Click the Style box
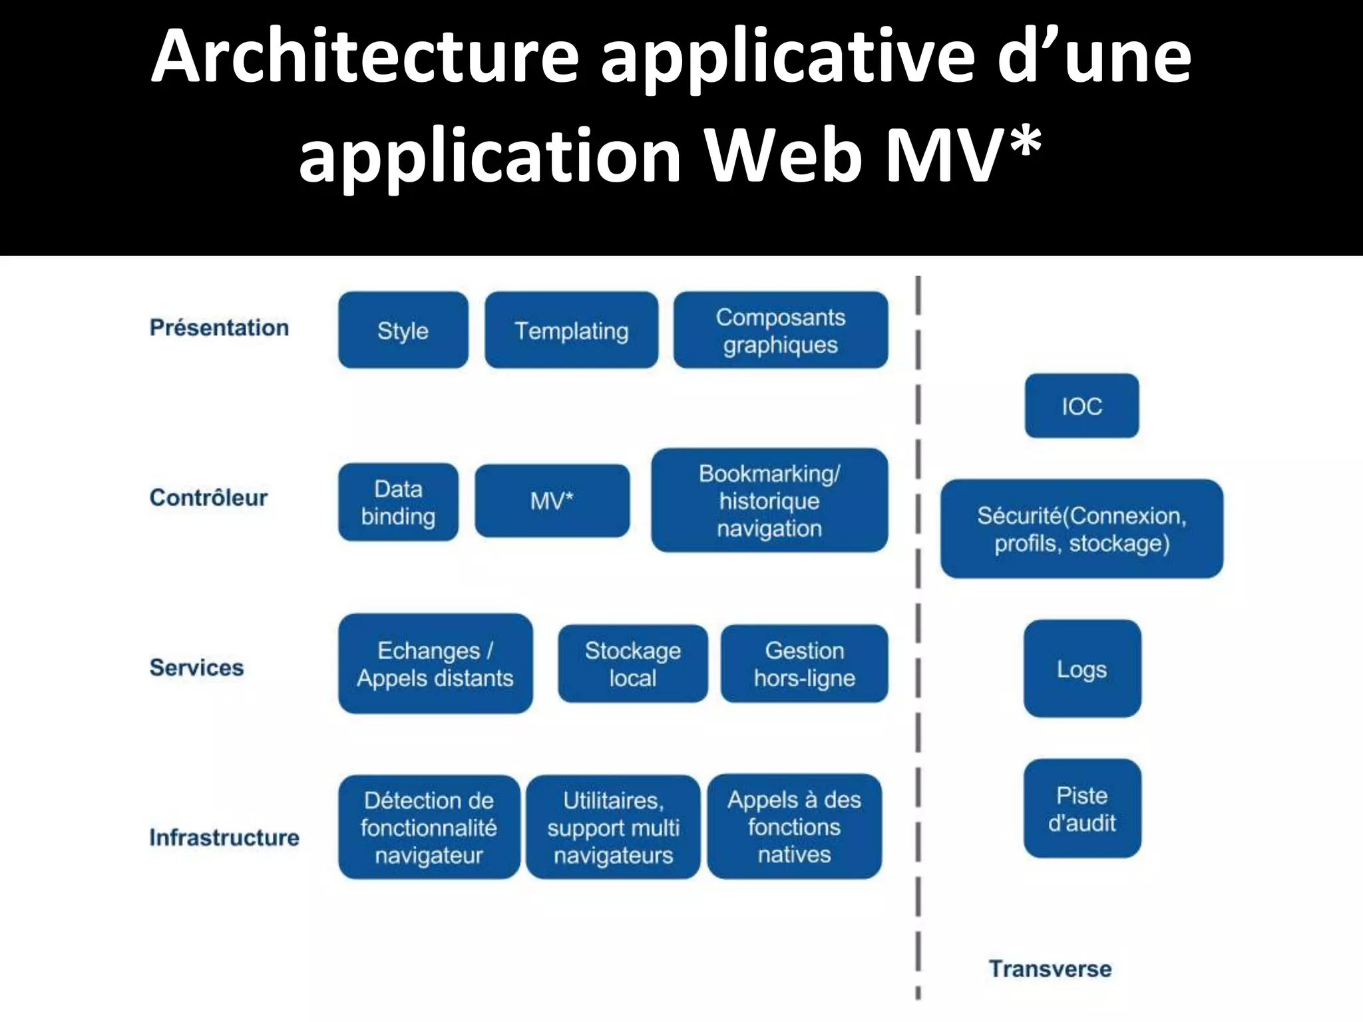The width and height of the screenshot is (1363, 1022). [x=403, y=330]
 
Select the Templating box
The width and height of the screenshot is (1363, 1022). [x=571, y=330]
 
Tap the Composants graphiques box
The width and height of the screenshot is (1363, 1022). [x=780, y=330]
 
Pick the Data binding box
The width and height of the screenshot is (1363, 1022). [x=398, y=502]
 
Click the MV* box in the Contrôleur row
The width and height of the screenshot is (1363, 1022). [x=552, y=500]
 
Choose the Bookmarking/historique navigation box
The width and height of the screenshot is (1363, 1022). [x=769, y=500]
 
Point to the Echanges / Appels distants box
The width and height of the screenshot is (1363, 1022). [x=435, y=663]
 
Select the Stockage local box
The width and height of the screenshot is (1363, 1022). [x=632, y=663]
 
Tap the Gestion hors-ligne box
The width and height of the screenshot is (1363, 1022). [x=804, y=663]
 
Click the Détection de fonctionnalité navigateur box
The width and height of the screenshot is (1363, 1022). [x=429, y=827]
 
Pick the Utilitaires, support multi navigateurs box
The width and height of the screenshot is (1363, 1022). [x=613, y=827]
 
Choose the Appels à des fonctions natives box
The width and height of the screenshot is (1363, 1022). [x=794, y=826]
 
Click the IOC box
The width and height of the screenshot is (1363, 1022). [x=1081, y=406]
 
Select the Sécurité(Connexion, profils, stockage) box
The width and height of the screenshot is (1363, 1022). [x=1081, y=529]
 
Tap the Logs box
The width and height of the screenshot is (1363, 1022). [x=1081, y=669]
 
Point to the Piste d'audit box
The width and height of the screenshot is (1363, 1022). [x=1081, y=808]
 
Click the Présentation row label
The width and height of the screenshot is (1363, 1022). [x=219, y=327]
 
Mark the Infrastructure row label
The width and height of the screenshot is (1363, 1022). [x=224, y=837]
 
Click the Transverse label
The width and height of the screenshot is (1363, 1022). [x=1050, y=969]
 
